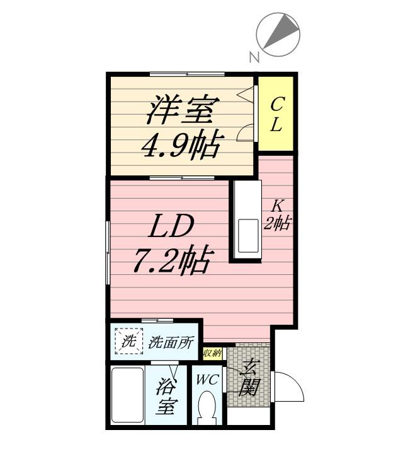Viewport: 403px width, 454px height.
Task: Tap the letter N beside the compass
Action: point(254,57)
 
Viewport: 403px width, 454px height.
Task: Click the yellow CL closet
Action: point(276,114)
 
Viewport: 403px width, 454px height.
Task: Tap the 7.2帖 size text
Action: point(171,259)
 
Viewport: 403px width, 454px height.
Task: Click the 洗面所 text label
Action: point(171,344)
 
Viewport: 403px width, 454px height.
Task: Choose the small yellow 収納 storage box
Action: point(213,353)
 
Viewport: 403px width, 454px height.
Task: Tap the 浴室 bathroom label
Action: point(166,395)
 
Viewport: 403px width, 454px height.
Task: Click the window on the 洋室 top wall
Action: point(187,74)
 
